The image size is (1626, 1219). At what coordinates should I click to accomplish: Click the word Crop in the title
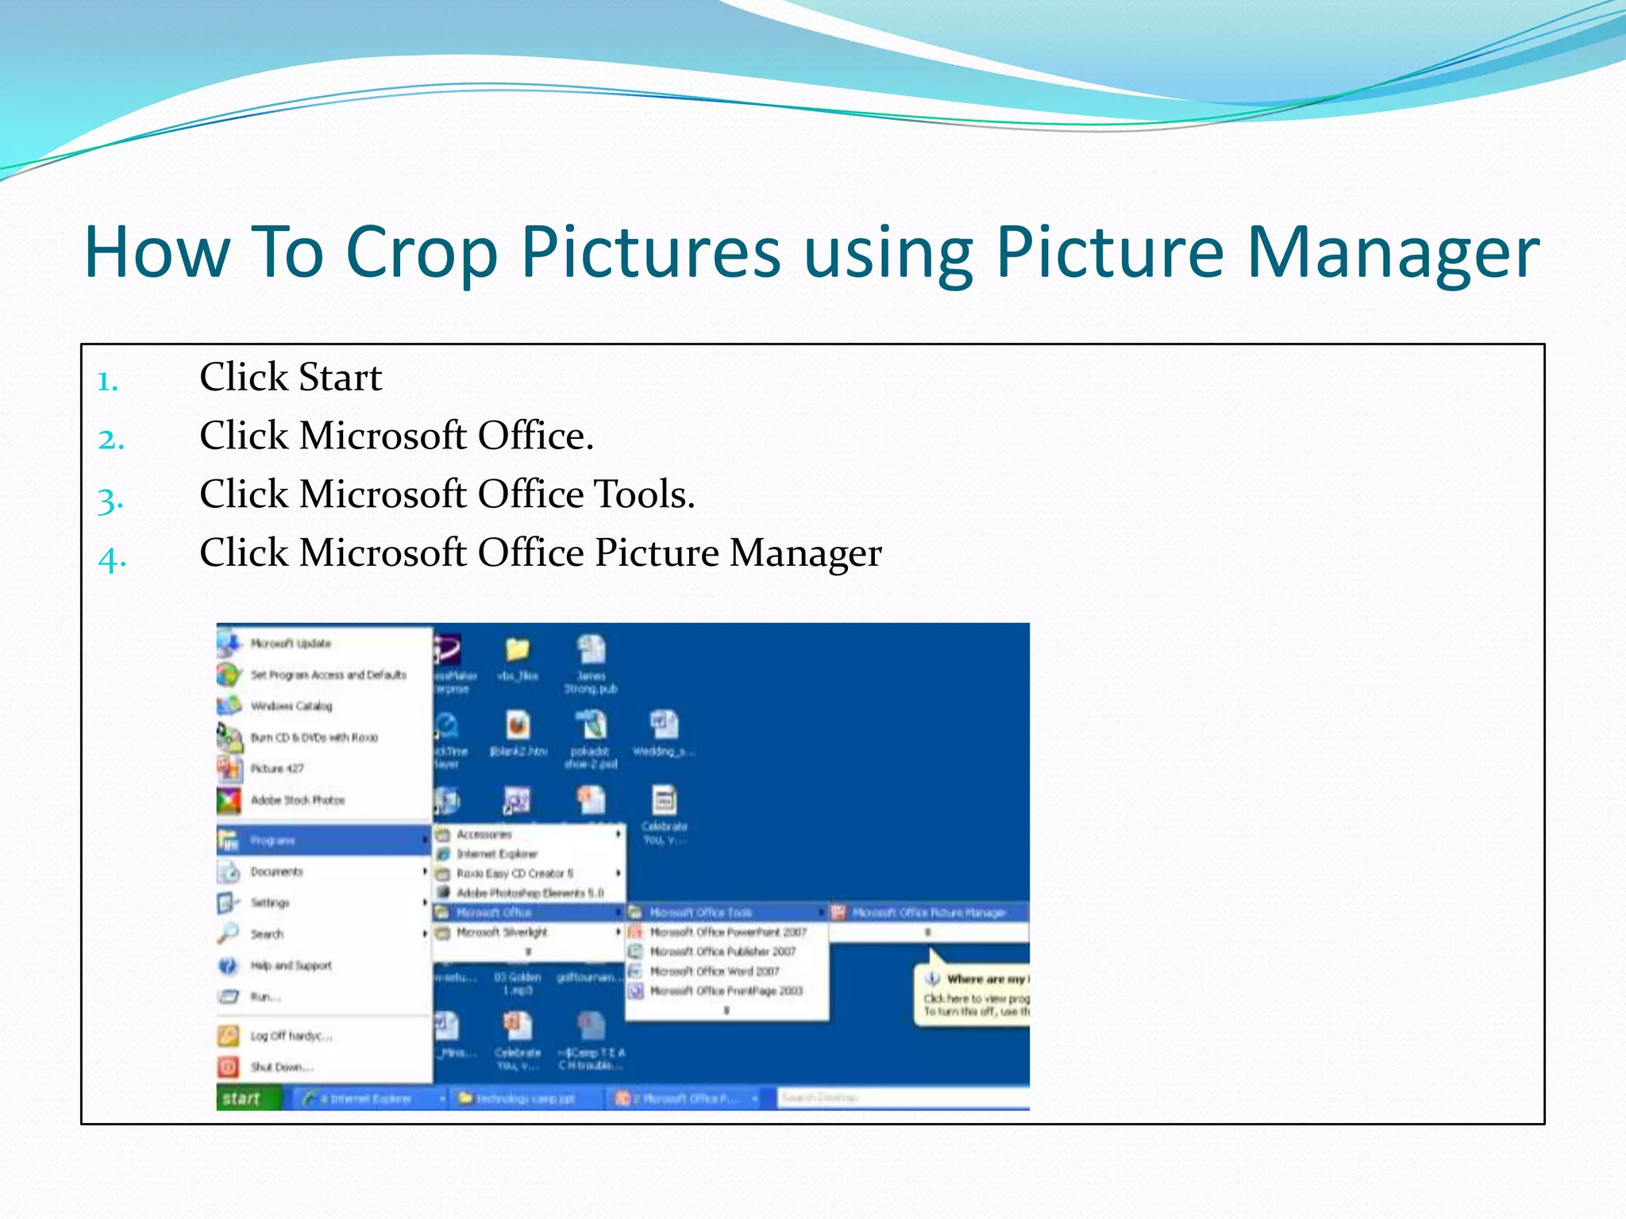[421, 252]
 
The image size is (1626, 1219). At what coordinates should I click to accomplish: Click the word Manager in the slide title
[1393, 252]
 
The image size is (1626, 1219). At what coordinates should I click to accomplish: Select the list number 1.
[107, 382]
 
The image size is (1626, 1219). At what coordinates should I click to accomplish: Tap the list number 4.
[111, 560]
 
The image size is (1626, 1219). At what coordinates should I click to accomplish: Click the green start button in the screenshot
[243, 1098]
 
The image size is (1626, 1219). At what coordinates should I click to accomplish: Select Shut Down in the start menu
[281, 1067]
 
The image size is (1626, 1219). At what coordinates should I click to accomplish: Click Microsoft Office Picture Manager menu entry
[928, 913]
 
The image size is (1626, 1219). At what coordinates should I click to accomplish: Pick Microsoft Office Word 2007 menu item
[714, 971]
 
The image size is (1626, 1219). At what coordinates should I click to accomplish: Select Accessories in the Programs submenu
[484, 835]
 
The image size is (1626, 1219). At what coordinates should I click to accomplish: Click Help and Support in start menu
[291, 966]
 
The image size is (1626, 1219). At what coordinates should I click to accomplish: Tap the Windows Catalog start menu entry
[291, 706]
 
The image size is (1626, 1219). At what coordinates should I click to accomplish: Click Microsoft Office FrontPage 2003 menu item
[725, 991]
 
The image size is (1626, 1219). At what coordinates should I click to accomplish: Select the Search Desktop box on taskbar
[897, 1098]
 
